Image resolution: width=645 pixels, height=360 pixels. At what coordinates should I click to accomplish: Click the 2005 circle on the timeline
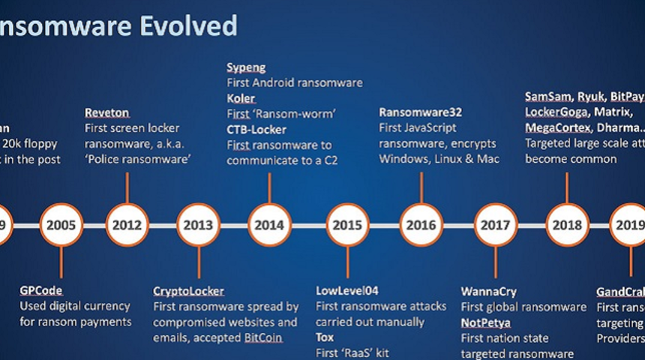61,224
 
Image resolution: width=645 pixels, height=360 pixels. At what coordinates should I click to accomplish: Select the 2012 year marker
127,224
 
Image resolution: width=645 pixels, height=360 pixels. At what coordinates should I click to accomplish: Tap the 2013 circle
198,224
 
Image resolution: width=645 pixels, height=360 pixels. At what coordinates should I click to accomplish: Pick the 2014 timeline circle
269,224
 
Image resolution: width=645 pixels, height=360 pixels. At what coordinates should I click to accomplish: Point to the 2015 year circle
347,224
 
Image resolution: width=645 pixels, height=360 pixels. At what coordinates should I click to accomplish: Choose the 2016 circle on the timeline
421,224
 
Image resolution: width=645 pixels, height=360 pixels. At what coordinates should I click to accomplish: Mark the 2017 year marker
496,224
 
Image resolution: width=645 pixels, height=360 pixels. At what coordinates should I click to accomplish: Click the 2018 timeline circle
567,224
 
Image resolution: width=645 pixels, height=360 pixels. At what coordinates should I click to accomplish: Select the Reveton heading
107,112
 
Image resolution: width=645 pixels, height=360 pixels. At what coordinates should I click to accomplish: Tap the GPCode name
41,290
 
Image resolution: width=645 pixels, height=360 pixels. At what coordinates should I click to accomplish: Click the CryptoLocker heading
188,291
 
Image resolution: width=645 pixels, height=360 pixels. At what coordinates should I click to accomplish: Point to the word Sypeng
246,67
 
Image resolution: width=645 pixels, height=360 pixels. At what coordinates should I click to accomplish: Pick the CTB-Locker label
256,129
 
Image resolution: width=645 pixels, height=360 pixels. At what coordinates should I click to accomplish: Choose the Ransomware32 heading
420,112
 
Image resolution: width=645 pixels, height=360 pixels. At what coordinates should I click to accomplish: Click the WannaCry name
488,291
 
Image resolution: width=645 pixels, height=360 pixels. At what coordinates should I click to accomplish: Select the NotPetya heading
485,322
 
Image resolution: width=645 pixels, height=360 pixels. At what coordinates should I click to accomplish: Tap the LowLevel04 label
348,291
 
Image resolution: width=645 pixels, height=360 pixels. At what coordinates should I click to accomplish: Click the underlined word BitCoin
263,337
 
